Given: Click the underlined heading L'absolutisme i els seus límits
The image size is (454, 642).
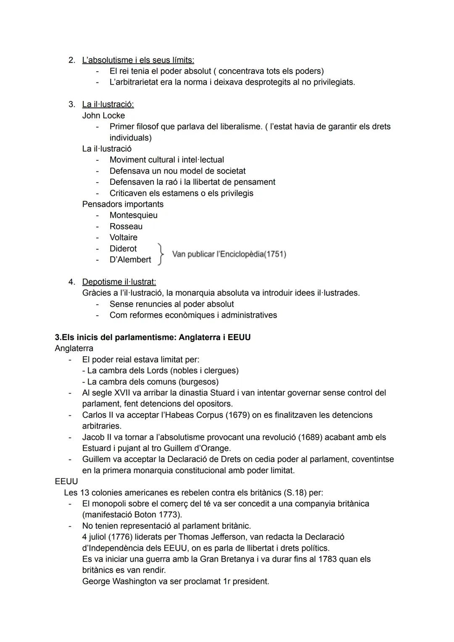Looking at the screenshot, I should pos(138,60).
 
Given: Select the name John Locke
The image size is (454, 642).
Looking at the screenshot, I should pos(103,115).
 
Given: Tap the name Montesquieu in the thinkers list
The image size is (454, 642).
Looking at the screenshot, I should pos(133,215).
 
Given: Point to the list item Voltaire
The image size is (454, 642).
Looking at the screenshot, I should pos(123,237).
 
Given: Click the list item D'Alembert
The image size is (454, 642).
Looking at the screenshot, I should pos(130,260).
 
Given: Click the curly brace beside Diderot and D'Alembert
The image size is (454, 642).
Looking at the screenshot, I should pos(160,254).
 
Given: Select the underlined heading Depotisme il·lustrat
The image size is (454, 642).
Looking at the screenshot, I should pos(119,282).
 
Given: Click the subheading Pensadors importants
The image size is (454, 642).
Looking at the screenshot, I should pos(123,204).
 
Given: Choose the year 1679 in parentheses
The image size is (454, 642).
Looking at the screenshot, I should pos(238,415).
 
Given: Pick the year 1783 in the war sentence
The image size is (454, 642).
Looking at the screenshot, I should pos(327,559).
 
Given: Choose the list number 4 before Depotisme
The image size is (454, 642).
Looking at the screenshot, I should pos(71,282).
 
